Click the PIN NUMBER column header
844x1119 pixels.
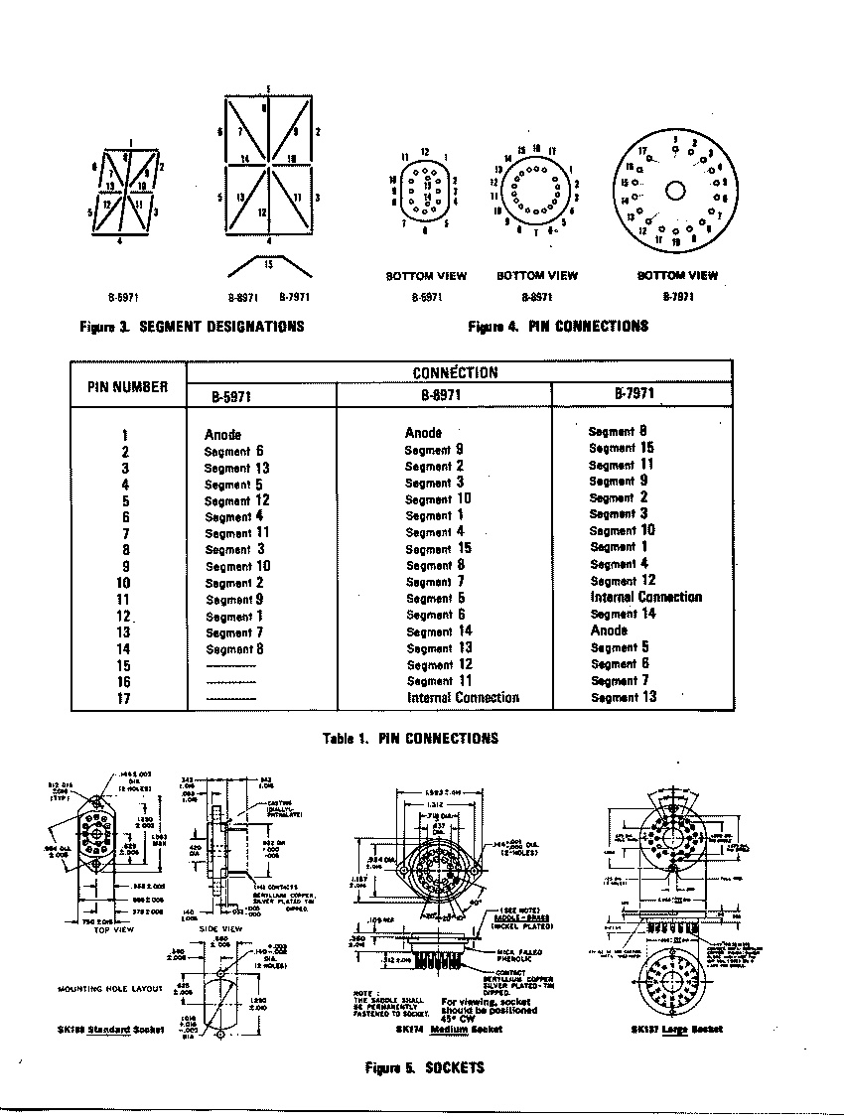(129, 387)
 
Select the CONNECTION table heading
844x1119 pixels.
(455, 372)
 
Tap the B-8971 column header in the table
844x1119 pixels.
(444, 394)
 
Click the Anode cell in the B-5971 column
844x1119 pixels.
(222, 435)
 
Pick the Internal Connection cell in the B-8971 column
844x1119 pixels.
(463, 698)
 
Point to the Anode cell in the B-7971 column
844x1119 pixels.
(609, 630)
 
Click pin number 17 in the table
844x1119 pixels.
(124, 698)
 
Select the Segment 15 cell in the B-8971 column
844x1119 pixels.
(438, 548)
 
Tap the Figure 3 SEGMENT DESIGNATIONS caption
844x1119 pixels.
(192, 326)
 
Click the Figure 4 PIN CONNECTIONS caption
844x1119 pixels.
(558, 326)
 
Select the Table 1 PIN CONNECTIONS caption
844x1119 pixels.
(411, 738)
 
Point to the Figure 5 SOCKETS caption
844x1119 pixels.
(425, 1067)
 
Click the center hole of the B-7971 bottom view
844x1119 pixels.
(676, 189)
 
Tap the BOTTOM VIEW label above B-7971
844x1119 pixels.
(677, 275)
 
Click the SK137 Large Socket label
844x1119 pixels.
(676, 1029)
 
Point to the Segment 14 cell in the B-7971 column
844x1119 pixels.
(623, 614)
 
